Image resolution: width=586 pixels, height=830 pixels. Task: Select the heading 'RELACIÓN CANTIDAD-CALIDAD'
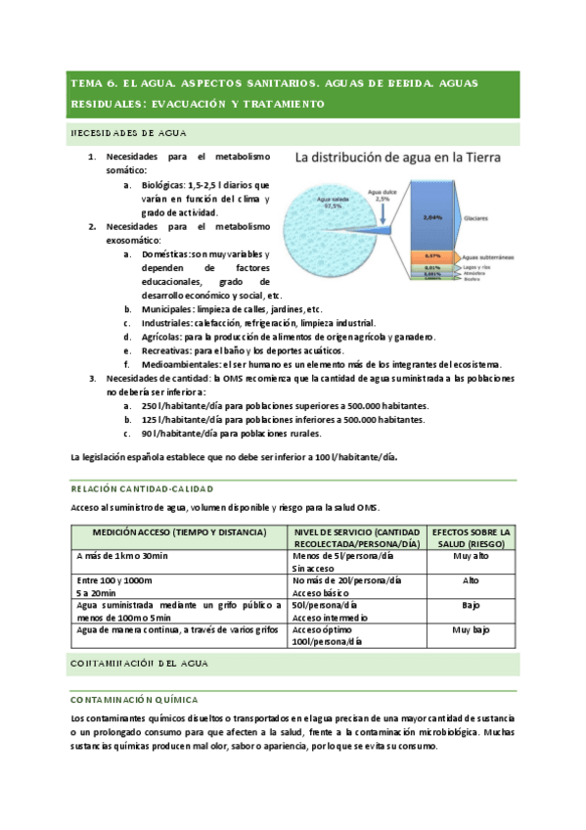143,487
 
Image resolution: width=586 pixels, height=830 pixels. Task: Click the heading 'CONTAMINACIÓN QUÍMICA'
135,700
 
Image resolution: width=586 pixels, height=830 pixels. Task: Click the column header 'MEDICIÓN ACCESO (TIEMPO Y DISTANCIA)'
179,531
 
